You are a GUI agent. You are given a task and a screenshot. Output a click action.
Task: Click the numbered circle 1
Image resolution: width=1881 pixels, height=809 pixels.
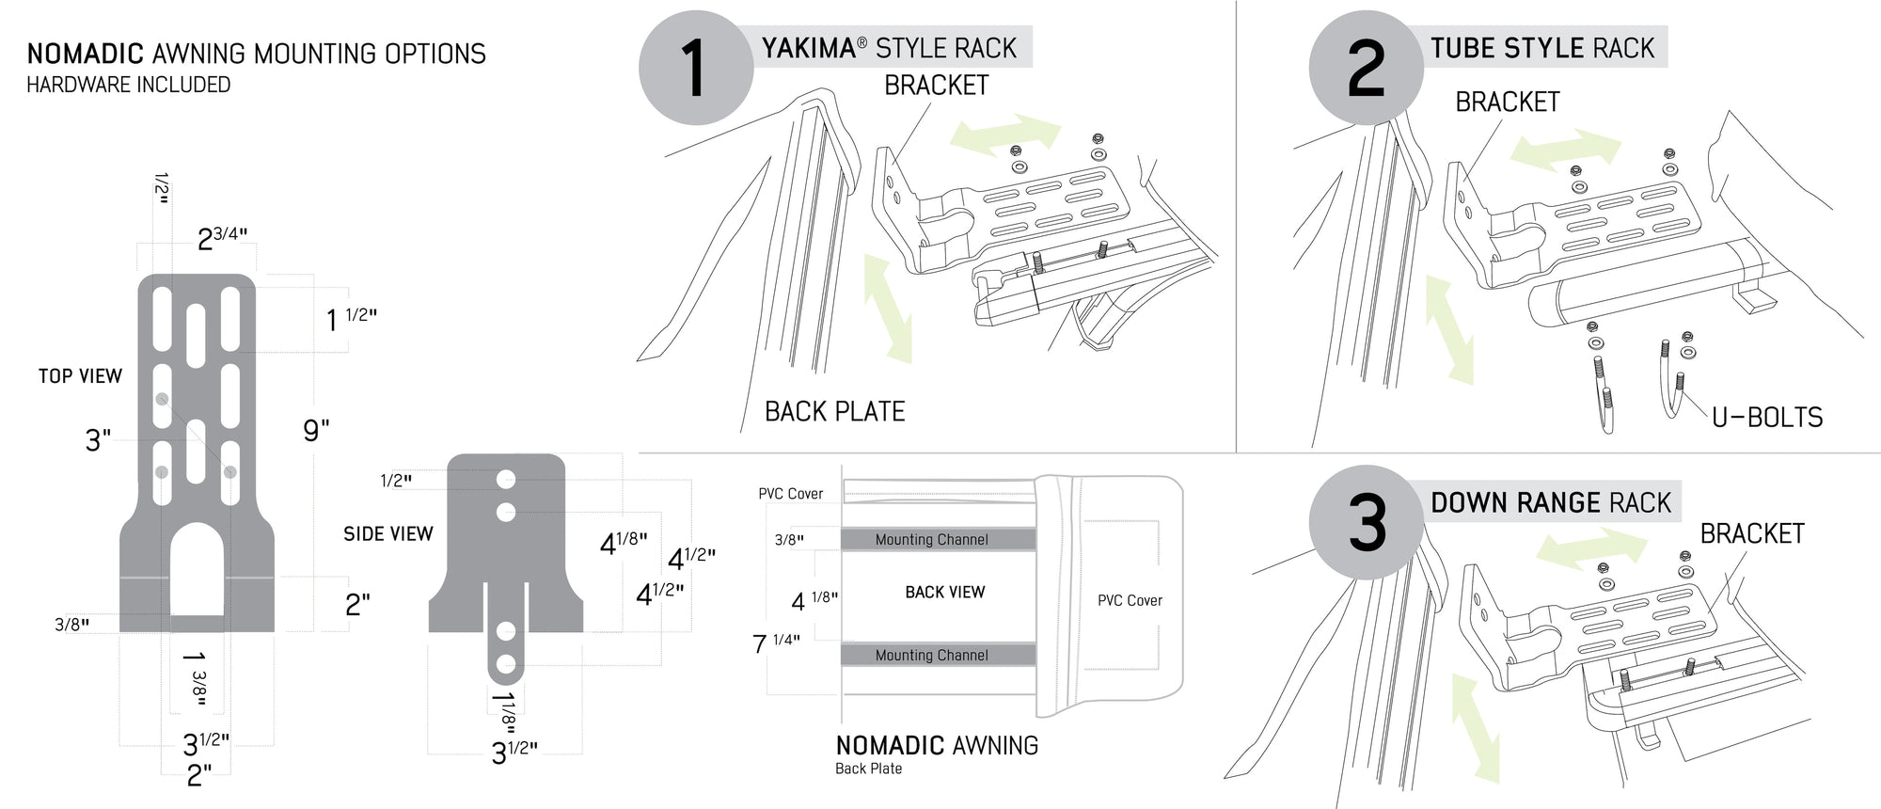point(695,68)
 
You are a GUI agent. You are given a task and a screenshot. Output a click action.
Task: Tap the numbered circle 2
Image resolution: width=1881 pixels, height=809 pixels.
point(1366,68)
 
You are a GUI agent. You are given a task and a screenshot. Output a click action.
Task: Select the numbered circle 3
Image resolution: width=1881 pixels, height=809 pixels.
point(1367,523)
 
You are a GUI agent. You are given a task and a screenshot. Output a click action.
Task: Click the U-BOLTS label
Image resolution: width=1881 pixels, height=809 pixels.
point(1766,418)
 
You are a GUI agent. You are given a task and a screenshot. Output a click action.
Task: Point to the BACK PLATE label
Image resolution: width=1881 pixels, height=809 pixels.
point(834,412)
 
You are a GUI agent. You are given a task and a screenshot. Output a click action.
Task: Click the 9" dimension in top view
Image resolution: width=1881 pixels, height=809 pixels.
point(316,431)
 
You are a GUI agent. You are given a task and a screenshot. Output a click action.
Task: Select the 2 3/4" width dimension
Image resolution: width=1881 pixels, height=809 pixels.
point(222,239)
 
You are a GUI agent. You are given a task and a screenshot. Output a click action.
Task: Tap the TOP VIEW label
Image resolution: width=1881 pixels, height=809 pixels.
point(80,376)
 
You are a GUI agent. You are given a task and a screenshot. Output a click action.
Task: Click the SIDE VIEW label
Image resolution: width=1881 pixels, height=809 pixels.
point(387,534)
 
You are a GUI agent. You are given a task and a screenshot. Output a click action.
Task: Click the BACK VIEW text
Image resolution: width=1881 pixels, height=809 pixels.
point(944,593)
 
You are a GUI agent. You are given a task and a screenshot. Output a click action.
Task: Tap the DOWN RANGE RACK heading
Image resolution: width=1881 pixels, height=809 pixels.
point(1550,503)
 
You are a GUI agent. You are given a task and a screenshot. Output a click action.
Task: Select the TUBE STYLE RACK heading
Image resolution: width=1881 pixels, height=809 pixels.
point(1541,49)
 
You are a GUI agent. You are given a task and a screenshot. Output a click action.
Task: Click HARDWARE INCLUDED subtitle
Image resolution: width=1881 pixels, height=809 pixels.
point(128,85)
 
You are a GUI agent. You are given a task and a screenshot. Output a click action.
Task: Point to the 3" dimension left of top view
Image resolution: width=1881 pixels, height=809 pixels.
point(98,440)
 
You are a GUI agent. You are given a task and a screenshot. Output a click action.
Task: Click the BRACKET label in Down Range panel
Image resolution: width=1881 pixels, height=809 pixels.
point(1751,534)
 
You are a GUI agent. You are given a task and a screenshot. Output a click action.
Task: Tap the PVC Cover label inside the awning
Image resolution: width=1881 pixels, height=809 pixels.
point(1130,601)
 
